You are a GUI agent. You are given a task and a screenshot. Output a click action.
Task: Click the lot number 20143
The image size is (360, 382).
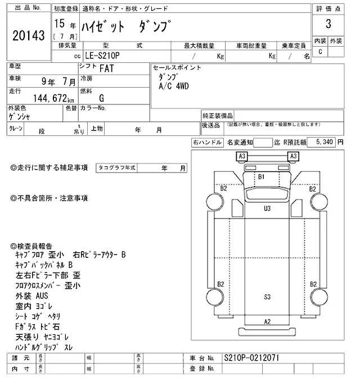28,35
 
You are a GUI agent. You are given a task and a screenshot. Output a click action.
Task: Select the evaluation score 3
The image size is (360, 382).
327,26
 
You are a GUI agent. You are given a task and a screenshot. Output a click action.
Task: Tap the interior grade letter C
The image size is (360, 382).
321,52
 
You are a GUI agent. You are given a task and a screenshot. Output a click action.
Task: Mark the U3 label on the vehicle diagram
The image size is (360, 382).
267,208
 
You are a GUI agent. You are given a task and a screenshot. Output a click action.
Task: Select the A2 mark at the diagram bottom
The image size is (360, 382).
267,321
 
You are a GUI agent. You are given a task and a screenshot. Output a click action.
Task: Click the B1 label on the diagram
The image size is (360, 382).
261,176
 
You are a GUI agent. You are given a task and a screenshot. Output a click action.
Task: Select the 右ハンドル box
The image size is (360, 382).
207,143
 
